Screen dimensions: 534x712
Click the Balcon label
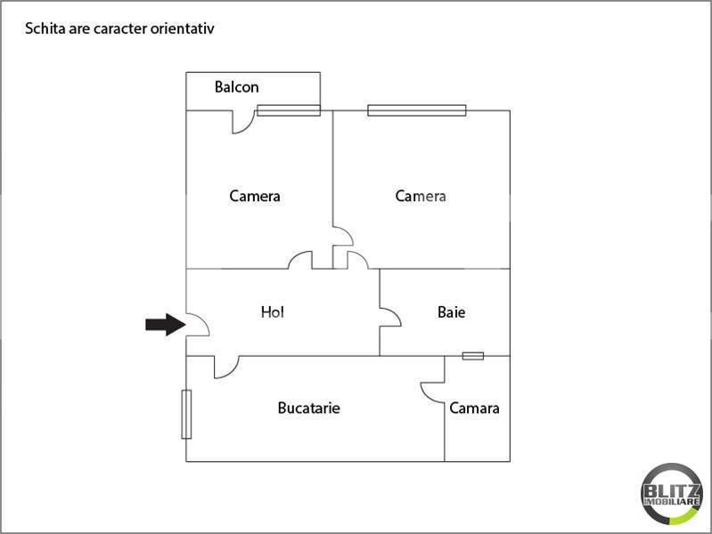pyautogui.click(x=236, y=87)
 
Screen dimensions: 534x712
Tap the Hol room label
pyautogui.click(x=272, y=312)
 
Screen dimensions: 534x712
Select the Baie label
pyautogui.click(x=451, y=312)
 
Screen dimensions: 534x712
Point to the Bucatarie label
pyautogui.click(x=308, y=409)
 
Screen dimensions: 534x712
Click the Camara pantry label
pyautogui.click(x=474, y=409)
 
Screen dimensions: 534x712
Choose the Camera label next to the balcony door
pyautogui.click(x=255, y=196)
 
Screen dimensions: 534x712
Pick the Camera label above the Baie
pyautogui.click(x=421, y=196)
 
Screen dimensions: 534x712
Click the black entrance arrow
pyautogui.click(x=164, y=324)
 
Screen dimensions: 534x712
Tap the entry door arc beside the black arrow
pyautogui.click(x=198, y=326)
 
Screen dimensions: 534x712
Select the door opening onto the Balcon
pyautogui.click(x=243, y=122)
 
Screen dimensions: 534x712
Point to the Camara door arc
pyautogui.click(x=432, y=392)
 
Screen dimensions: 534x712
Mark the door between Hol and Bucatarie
pyautogui.click(x=226, y=367)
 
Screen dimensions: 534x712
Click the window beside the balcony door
pyautogui.click(x=289, y=110)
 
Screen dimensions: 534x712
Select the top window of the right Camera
pyautogui.click(x=416, y=110)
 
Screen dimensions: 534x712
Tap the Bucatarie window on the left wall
pyautogui.click(x=186, y=414)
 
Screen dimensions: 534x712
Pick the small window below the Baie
pyautogui.click(x=473, y=356)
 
